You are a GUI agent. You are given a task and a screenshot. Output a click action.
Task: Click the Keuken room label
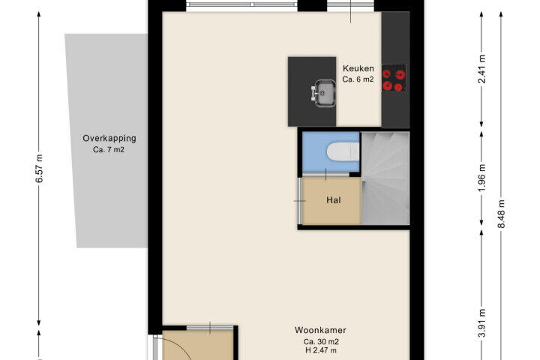coord(358,68)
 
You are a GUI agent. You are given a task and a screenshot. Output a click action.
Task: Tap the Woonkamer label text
coord(320,330)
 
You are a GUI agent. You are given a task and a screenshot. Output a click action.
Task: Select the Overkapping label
coord(109,138)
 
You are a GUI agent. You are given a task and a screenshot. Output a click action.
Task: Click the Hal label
coord(333,200)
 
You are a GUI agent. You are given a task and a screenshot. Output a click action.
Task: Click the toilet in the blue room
coord(343,152)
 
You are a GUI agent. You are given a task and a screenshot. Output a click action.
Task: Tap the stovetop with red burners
coord(394,78)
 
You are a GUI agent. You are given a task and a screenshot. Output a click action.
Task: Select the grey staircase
coord(385,178)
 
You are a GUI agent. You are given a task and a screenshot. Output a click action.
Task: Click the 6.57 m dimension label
coord(40,169)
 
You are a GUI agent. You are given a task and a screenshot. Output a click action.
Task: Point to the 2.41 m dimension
coord(482,69)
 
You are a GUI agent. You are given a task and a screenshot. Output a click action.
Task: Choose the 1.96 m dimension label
coord(482,178)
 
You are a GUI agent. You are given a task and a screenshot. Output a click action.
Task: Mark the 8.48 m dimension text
coord(502,214)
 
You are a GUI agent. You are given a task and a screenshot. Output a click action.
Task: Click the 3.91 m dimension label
coord(482,322)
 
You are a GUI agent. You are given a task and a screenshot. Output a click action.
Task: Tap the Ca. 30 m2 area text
coord(321,342)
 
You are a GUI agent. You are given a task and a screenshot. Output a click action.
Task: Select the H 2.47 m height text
coord(321,351)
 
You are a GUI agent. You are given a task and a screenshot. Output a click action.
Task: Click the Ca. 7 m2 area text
coord(109,150)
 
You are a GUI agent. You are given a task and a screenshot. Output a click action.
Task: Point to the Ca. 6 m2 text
coord(358,79)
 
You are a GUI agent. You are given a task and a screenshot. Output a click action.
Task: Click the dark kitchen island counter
coord(312,91)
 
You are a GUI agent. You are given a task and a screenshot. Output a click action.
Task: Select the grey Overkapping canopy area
coord(106,140)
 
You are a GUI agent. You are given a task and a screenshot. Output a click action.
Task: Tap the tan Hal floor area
coord(332,200)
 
